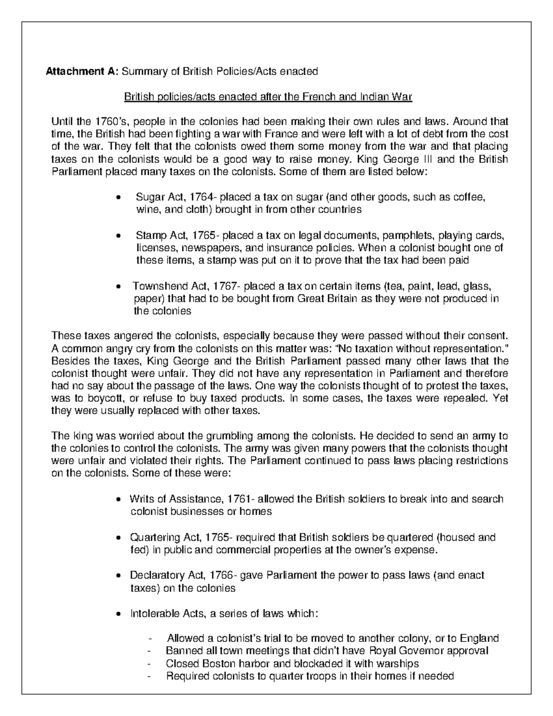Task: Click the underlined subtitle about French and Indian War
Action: (268, 97)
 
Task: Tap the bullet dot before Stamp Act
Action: (119, 236)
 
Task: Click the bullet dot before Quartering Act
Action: (119, 538)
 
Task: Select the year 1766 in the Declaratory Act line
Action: (222, 575)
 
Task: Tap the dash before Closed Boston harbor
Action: (149, 664)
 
